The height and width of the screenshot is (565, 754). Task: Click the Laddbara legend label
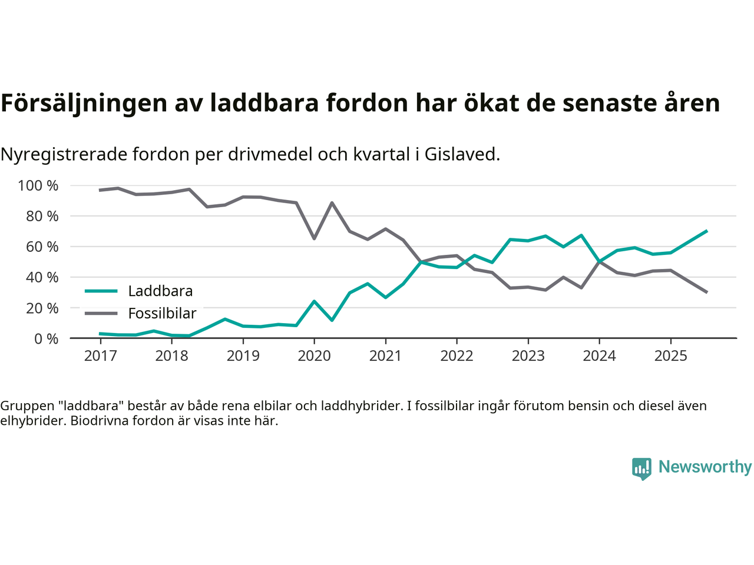[160, 291]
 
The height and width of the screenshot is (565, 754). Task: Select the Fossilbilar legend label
[162, 314]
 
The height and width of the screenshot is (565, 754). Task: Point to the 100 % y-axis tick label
[38, 186]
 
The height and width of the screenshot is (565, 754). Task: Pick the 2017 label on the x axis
[100, 356]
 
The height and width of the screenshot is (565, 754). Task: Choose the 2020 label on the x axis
[314, 356]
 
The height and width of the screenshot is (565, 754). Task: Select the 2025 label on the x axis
[670, 356]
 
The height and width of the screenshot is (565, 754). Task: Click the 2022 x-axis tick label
[457, 356]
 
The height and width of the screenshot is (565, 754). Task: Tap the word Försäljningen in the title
[84, 104]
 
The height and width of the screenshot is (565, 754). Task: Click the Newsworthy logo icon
[641, 468]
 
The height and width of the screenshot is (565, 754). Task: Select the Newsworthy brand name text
[705, 467]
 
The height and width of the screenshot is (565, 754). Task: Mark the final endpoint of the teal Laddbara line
[706, 231]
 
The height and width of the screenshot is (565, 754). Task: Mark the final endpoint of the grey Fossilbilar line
[706, 292]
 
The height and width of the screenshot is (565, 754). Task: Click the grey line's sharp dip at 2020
[314, 238]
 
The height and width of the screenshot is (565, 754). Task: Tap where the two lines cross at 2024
[599, 261]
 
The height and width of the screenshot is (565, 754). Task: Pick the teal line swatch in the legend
[101, 291]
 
